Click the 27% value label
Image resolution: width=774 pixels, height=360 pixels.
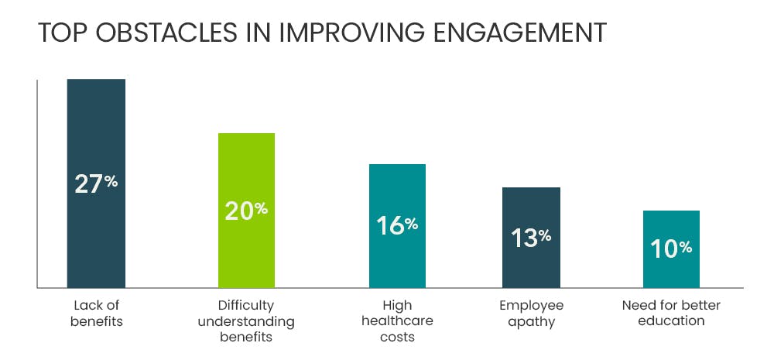click(x=96, y=183)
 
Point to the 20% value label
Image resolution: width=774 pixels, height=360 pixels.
click(x=246, y=210)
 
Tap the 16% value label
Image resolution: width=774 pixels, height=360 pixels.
click(x=397, y=225)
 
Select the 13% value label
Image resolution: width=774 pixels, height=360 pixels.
click(x=531, y=237)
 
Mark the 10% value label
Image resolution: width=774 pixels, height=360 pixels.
click(x=671, y=248)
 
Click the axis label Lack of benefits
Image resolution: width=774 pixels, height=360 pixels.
click(x=96, y=313)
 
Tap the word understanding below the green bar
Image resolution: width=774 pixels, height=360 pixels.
click(x=246, y=321)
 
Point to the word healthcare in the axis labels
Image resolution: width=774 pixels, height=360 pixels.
click(x=397, y=321)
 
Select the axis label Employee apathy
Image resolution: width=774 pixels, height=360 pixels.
click(x=531, y=313)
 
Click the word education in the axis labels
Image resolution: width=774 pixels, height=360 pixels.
click(x=671, y=321)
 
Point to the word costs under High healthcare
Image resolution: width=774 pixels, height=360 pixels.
click(x=397, y=337)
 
